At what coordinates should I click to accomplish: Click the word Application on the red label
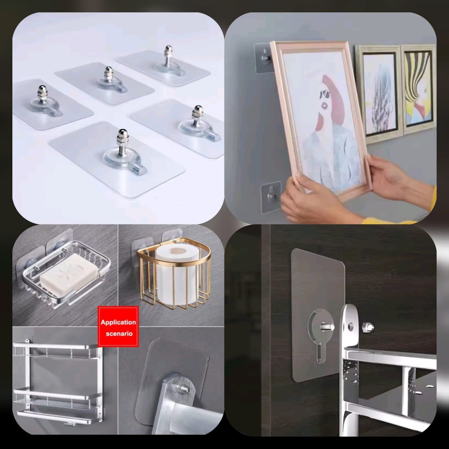118,322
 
